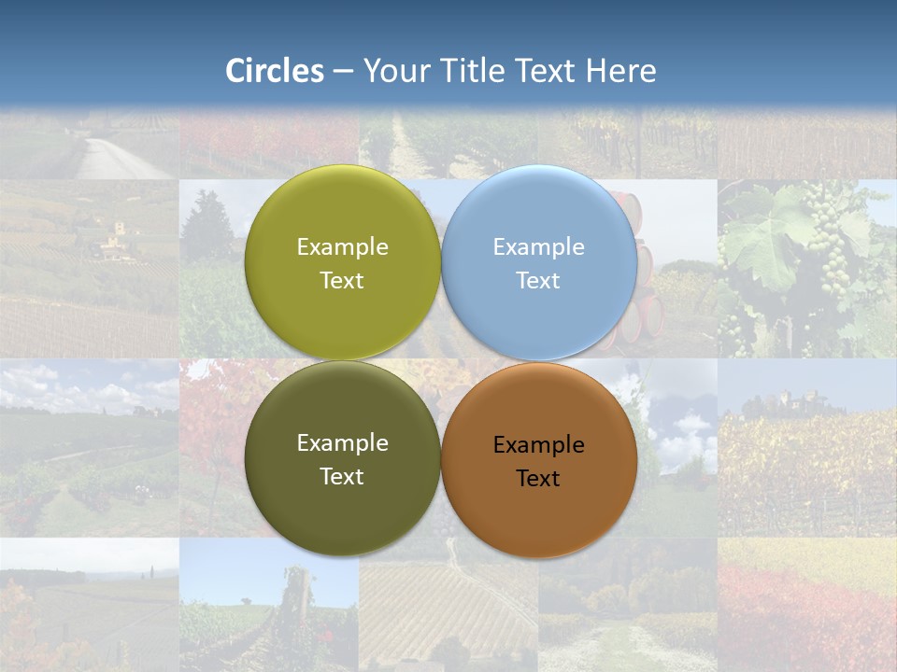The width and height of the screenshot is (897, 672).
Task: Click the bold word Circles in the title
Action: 275,71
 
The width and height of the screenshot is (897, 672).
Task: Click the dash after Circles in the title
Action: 343,72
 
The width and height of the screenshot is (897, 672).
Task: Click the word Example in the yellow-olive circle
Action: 342,247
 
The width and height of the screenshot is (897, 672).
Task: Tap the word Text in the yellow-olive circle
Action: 342,281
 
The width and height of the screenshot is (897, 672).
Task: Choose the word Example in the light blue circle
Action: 538,247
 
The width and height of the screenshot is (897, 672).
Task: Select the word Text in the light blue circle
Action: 538,281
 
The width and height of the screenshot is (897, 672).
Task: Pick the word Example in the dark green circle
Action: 342,443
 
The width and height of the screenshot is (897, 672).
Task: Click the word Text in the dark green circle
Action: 342,477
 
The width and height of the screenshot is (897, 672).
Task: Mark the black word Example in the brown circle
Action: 538,445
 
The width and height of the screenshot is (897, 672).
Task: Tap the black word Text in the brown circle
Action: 538,479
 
